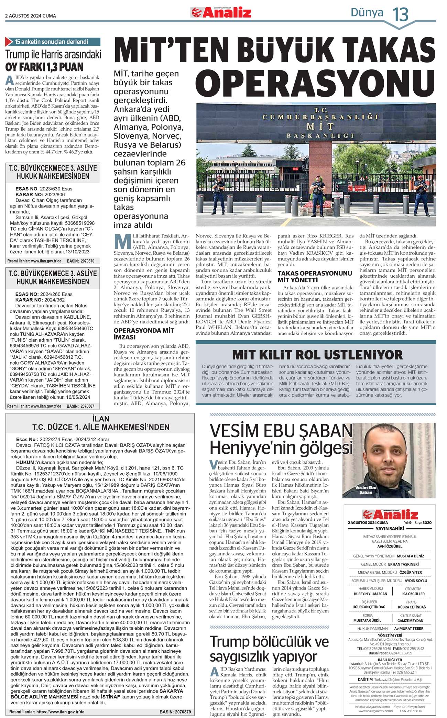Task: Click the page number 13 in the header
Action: click(x=401, y=14)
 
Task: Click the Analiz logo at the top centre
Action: click(x=221, y=13)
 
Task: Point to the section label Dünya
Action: click(x=367, y=13)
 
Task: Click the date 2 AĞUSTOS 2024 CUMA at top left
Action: click(x=31, y=16)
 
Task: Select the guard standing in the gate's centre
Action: click(x=316, y=191)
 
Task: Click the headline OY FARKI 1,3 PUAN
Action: click(x=44, y=67)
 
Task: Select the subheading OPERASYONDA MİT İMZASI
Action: click(x=144, y=334)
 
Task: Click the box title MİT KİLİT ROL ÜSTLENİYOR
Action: click(x=317, y=354)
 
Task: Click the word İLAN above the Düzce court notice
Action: click(x=101, y=419)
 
